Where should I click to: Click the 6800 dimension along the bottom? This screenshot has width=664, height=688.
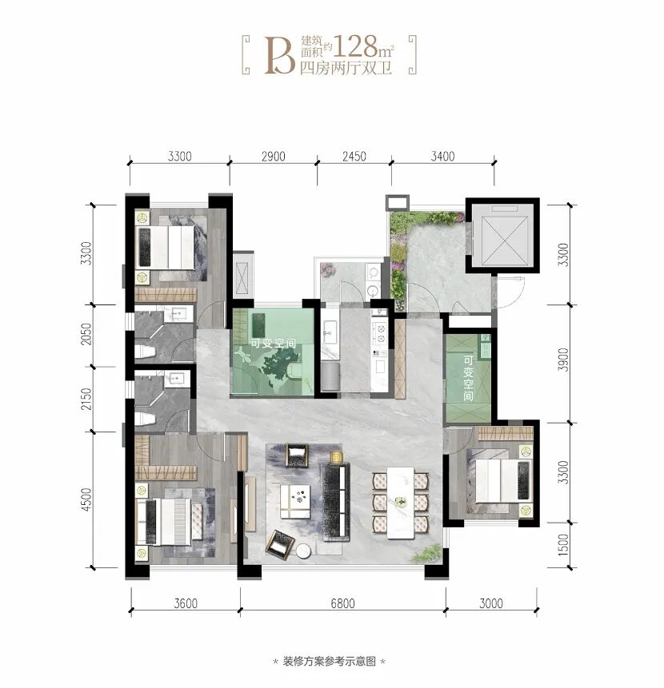(342, 603)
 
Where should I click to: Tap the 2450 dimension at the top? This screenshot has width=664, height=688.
(354, 156)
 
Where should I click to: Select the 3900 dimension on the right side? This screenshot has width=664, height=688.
(563, 360)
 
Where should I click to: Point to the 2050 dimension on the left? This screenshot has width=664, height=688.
(87, 333)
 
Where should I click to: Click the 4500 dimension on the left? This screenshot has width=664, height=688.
(87, 499)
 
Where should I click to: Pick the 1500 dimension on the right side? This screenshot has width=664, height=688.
(563, 544)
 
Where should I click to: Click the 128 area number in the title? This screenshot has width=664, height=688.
(355, 46)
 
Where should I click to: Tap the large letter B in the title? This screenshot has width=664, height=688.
(280, 55)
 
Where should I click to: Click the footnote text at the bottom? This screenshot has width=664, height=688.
(330, 661)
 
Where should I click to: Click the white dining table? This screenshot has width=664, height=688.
(401, 503)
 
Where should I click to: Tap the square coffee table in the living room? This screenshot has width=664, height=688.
(294, 502)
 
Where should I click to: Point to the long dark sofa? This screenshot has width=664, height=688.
(336, 503)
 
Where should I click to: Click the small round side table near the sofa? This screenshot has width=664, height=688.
(303, 551)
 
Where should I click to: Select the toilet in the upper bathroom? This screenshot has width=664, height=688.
(145, 352)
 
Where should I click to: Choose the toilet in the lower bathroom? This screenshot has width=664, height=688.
(145, 419)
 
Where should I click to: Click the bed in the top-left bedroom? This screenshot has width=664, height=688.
(165, 247)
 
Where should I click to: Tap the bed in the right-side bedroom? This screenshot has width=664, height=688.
(503, 480)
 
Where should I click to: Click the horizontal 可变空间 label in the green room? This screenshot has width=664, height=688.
(273, 343)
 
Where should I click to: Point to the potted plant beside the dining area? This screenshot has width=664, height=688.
(426, 554)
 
